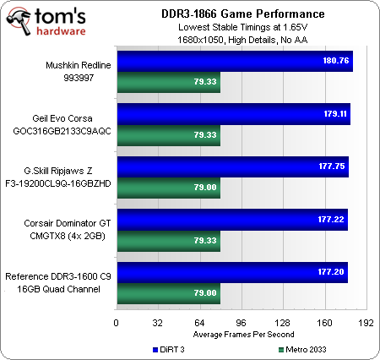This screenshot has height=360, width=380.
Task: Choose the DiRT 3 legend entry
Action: click(171, 349)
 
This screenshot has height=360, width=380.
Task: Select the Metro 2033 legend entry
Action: click(305, 349)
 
